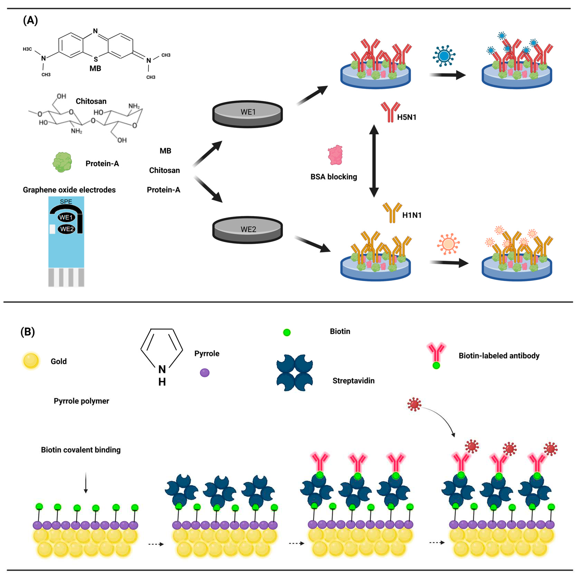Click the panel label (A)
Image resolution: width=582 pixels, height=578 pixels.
30,21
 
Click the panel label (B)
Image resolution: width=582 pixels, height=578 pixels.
27,332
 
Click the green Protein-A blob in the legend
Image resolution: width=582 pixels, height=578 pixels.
62,162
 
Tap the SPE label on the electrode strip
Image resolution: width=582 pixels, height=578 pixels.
66,201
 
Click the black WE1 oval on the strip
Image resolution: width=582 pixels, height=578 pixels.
66,217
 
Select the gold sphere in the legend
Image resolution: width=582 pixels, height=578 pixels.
31,361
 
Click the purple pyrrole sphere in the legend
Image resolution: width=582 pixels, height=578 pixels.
205,373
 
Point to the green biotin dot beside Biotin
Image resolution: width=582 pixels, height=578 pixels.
287,333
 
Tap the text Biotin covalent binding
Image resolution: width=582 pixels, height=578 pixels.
81,450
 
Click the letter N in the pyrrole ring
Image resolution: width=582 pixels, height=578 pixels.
162,369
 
